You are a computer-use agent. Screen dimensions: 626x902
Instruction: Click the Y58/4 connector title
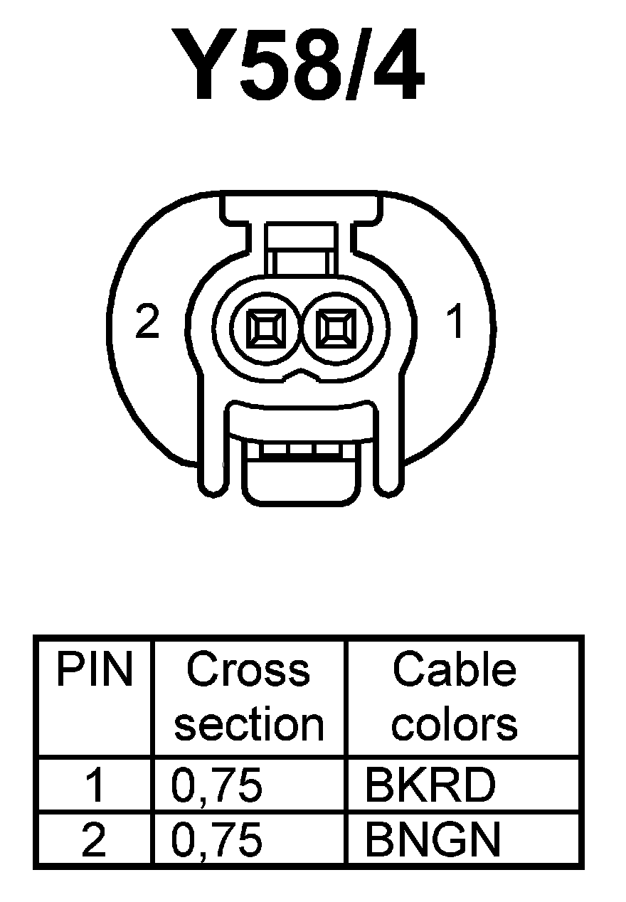coord(307,66)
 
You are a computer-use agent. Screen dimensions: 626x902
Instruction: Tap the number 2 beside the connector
coord(147,324)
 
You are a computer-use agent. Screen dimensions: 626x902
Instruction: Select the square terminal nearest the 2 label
coord(267,329)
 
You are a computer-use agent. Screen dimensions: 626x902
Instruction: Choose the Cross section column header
coord(249,696)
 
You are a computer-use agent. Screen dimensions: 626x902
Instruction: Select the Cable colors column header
coord(455,696)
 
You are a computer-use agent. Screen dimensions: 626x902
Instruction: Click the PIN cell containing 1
coord(94,786)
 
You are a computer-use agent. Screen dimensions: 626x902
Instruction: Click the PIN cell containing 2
coord(94,839)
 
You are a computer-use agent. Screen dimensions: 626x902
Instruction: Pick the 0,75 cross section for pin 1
coord(217,786)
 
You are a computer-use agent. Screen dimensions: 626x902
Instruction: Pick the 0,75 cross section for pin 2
coord(217,839)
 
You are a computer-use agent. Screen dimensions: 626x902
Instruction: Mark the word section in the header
coord(249,724)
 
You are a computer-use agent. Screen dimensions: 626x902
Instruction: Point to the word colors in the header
coord(455,724)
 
